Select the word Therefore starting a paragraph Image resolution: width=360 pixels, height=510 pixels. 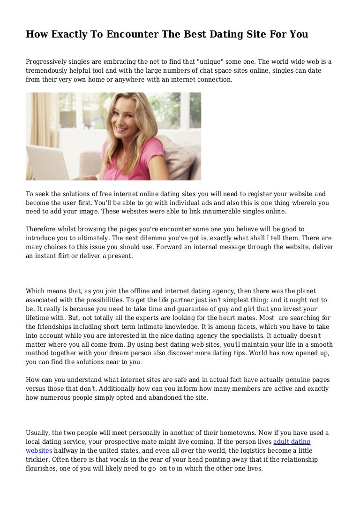43,229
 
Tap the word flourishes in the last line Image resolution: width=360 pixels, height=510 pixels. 42,468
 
